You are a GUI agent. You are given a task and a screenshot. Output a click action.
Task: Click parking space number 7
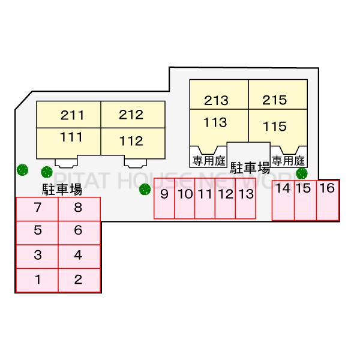[x=37, y=209]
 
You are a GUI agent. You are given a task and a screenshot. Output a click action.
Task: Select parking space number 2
[x=78, y=280]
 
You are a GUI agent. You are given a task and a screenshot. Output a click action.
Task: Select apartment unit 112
[x=131, y=142]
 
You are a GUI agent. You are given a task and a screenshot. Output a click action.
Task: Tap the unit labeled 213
[x=216, y=100]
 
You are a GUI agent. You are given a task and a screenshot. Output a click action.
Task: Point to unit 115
[x=275, y=127]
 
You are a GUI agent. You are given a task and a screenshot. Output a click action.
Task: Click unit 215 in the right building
[x=275, y=100]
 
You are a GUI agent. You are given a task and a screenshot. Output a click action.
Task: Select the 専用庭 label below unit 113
[x=207, y=160]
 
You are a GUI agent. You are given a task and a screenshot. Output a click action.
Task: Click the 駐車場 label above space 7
[x=62, y=190]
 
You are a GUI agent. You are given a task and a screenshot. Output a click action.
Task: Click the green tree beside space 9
[x=144, y=190]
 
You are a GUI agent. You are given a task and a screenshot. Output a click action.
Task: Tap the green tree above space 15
[x=301, y=173]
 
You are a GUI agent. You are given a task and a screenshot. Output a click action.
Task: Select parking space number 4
[x=78, y=255]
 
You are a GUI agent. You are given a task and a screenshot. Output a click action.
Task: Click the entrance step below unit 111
[x=65, y=161]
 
